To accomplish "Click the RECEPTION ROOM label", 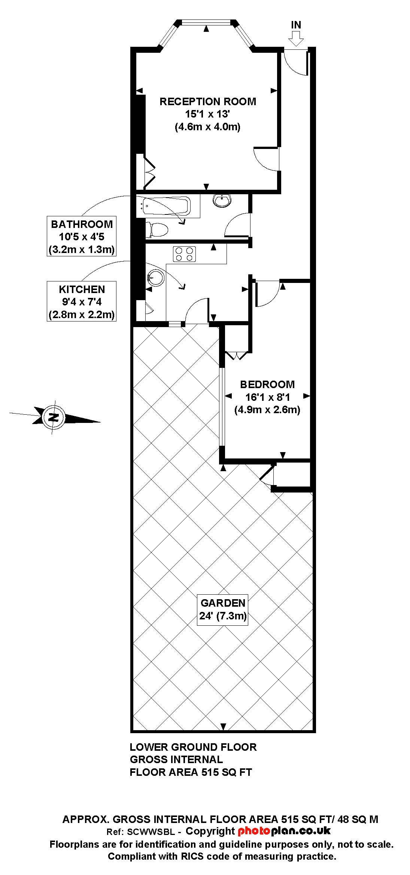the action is click(208, 101).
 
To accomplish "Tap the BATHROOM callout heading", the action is click(82, 224).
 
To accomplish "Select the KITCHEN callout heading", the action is click(82, 289).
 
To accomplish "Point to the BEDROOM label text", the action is click(267, 384).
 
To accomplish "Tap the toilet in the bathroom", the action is click(157, 229).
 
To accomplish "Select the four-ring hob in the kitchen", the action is click(184, 254).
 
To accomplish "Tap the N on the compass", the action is click(54, 417).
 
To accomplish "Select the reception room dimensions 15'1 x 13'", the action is click(207, 114).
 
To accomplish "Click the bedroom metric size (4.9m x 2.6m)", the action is click(267, 409).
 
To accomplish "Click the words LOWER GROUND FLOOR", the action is click(193, 747).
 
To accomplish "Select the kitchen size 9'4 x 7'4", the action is click(82, 302).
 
